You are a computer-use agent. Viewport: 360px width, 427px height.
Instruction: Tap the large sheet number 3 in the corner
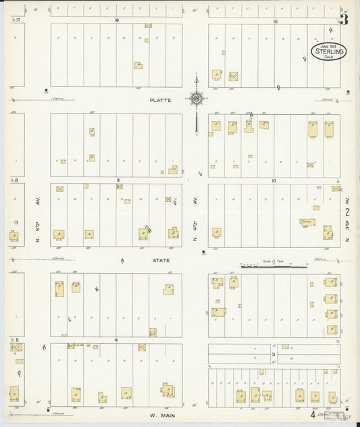[344, 19]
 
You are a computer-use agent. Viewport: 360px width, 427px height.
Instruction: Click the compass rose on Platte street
[196, 99]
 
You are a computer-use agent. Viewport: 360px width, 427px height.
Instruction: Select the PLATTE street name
[161, 100]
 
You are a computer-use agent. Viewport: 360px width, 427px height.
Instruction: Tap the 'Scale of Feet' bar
[274, 267]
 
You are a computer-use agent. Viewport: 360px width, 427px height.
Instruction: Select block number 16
[117, 20]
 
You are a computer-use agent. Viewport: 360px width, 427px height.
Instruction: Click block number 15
[275, 21]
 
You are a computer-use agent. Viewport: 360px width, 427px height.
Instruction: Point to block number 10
[274, 180]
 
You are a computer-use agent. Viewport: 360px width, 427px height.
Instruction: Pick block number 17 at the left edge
[18, 20]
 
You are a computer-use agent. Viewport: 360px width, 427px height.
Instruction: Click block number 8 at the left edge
[15, 180]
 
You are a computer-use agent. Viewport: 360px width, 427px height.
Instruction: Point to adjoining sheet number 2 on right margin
[347, 211]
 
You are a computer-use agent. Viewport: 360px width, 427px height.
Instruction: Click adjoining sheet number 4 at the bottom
[313, 415]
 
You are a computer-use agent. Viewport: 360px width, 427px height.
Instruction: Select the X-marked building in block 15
[234, 76]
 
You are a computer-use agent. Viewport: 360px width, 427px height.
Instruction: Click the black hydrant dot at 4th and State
[203, 253]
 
